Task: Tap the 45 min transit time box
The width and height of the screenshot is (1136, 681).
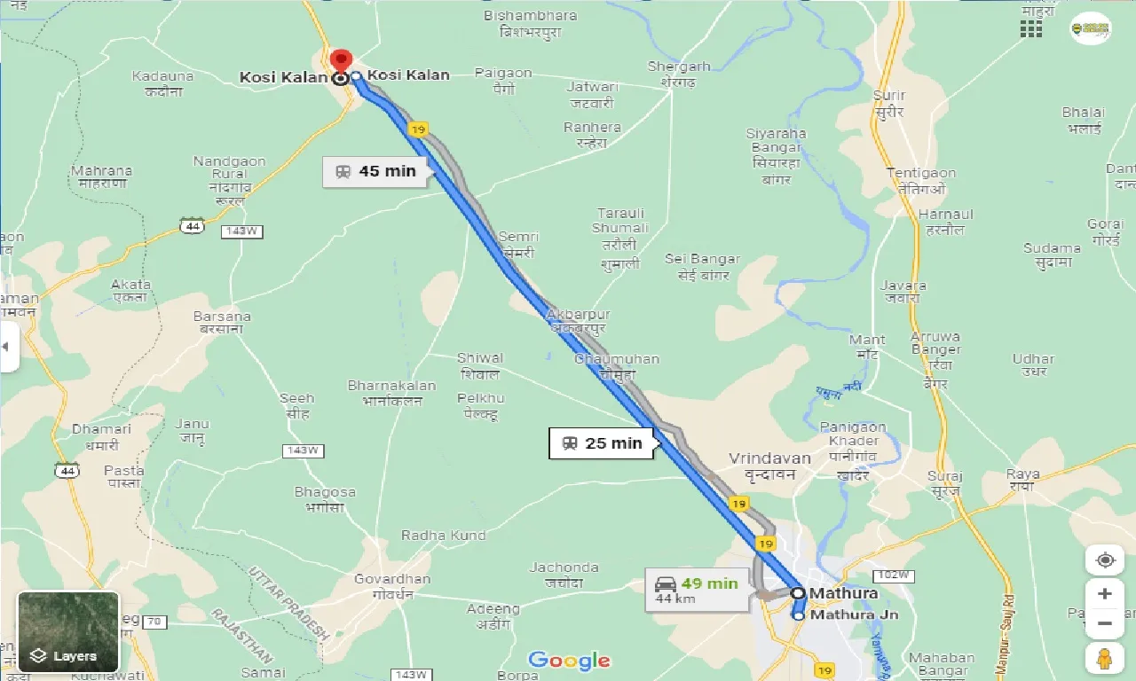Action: [x=375, y=171]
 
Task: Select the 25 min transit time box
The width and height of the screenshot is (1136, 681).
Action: [x=602, y=442]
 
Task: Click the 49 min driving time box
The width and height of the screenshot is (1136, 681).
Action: [x=698, y=591]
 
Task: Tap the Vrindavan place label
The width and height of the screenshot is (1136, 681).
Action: [x=769, y=458]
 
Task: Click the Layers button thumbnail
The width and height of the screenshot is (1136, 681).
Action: [x=67, y=631]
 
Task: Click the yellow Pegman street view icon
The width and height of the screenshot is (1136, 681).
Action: [x=1105, y=657]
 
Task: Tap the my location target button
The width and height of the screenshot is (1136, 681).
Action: [x=1105, y=560]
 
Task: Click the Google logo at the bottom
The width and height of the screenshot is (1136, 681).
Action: [x=569, y=661]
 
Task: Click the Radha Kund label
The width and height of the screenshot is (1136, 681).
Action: [x=443, y=536]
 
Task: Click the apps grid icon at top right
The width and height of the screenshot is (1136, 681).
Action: [x=1030, y=28]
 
